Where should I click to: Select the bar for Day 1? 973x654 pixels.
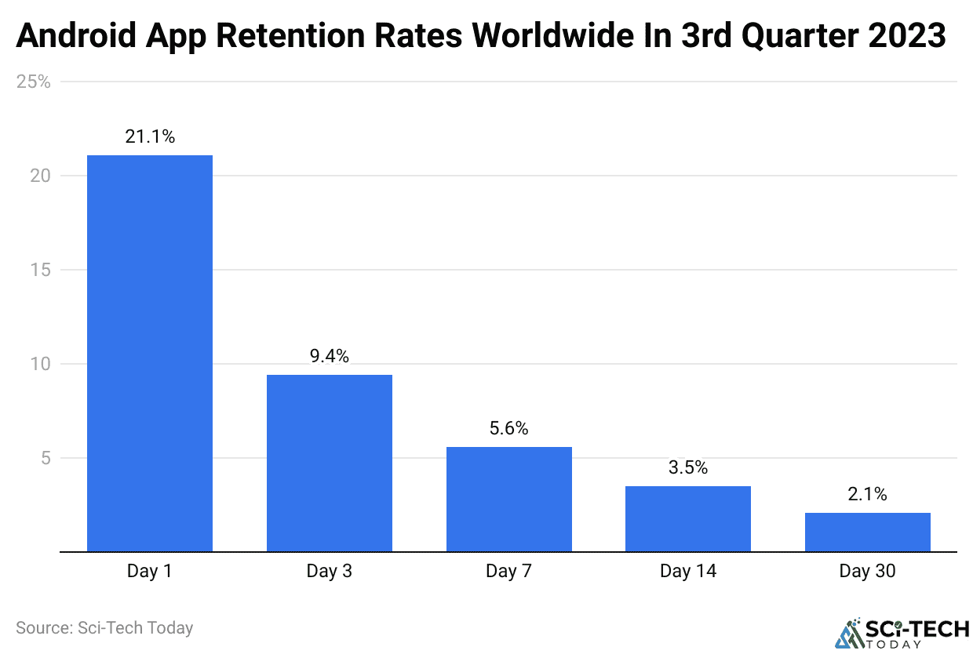coord(149,353)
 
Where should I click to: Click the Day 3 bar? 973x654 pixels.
coord(329,463)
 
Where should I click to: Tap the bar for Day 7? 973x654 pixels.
coord(508,499)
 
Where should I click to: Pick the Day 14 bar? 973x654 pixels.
coord(687,518)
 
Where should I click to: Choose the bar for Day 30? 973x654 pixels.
coord(867,532)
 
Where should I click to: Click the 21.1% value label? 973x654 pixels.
coord(149,136)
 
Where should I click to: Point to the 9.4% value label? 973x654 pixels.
coord(329,356)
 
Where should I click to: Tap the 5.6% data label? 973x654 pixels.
coord(508,428)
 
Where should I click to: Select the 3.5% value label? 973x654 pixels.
coord(687,467)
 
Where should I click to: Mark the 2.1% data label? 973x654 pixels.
coord(867,494)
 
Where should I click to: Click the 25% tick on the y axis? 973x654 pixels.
coord(34,82)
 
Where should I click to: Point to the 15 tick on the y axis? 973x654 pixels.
coord(40,270)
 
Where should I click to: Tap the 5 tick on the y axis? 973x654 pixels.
coord(46,458)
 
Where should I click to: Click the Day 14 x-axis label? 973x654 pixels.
coord(687,571)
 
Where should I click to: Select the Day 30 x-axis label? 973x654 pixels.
coord(867,571)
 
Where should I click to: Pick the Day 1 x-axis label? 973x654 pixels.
coord(149,571)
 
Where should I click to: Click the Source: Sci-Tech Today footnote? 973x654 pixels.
coord(104,627)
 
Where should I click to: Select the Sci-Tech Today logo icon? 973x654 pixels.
coord(849,632)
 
